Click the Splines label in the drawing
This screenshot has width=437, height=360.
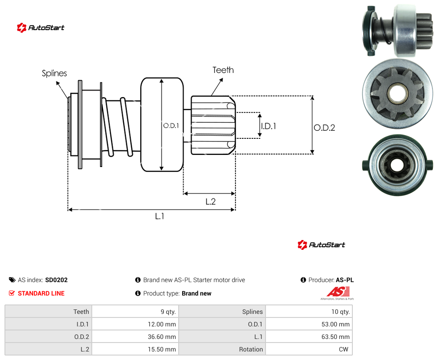54,73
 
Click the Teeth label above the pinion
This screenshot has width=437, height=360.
223,70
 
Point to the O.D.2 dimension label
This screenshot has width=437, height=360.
325,128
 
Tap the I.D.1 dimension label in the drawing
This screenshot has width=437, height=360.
269,126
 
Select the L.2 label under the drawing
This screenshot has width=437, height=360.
211,201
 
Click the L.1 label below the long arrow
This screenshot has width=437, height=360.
160,216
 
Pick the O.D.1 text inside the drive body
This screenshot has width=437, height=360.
171,126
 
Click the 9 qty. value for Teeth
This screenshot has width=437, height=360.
168,312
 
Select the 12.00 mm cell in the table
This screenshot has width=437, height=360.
162,324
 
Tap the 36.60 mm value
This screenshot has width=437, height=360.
162,337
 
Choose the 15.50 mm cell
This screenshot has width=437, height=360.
162,349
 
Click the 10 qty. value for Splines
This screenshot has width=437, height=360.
340,312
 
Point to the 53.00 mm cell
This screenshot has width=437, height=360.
335,324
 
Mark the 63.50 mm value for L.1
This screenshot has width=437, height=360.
335,337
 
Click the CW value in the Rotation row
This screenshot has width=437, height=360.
343,349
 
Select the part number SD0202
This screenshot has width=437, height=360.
56,280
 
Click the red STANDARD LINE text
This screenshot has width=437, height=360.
41,293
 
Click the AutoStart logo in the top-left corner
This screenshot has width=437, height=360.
40,28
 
